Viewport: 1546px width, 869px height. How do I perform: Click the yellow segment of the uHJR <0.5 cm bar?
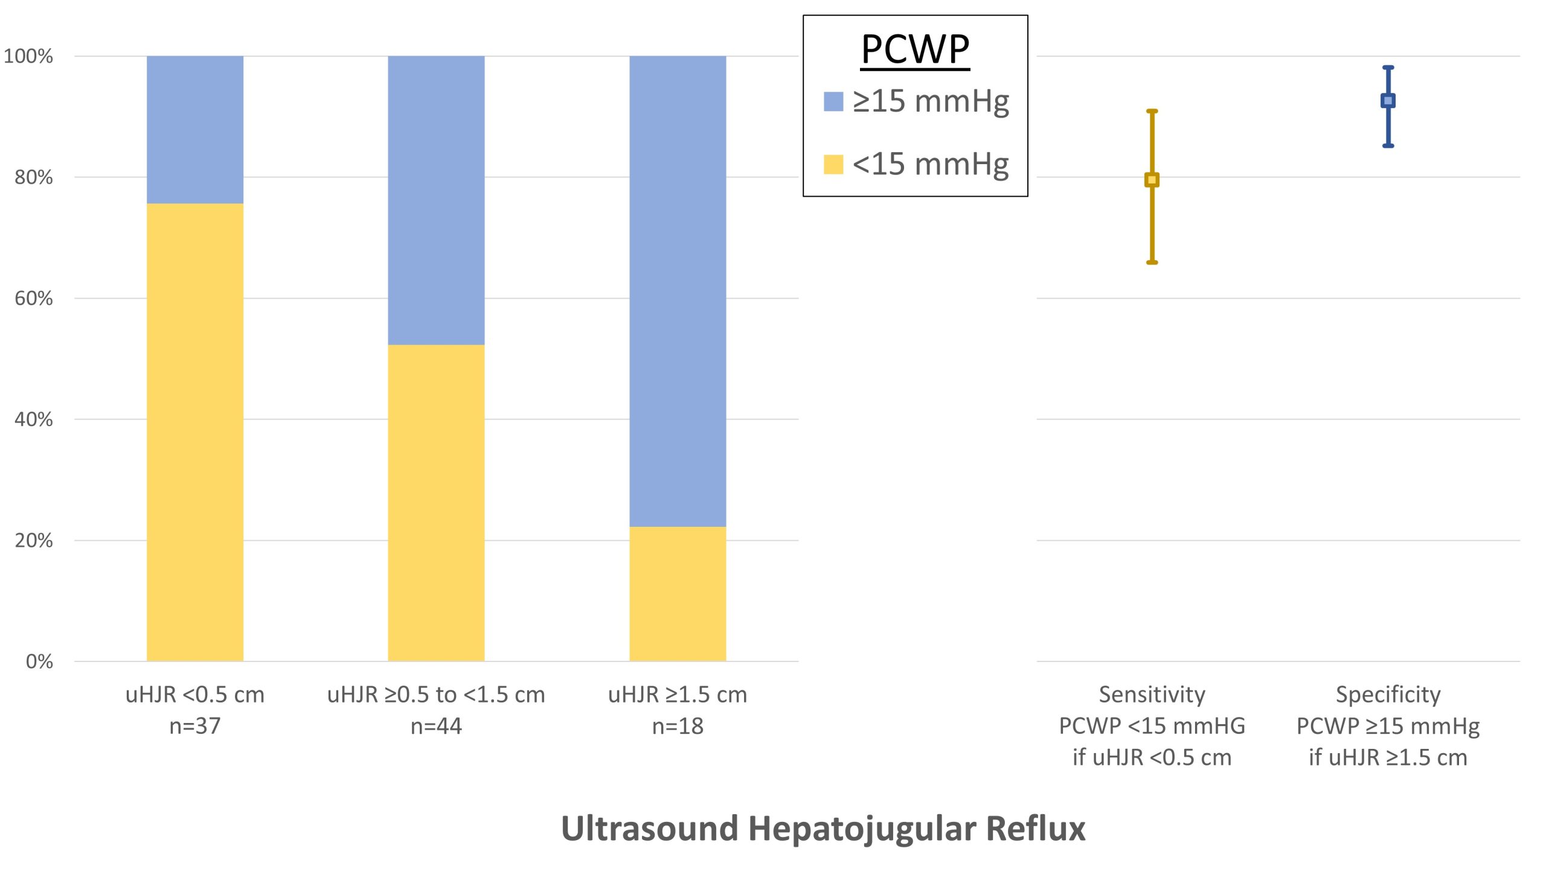(194, 431)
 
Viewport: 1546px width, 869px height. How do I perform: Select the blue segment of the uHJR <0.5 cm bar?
(194, 129)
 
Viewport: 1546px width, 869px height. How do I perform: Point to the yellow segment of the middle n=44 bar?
(436, 502)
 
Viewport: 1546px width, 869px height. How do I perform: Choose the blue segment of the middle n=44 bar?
(436, 200)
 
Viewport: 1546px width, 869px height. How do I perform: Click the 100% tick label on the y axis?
(28, 56)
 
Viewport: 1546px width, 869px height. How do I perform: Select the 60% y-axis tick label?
(34, 298)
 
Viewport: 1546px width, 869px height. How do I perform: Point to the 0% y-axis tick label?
(39, 661)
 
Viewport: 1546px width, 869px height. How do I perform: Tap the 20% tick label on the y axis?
(34, 540)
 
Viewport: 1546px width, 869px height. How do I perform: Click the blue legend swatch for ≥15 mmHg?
(833, 101)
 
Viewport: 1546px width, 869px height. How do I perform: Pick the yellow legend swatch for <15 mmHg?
(833, 164)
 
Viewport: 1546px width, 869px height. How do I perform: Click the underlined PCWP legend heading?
(915, 49)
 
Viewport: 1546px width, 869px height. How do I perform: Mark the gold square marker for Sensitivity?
(1152, 180)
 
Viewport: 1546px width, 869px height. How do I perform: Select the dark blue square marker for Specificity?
(1388, 101)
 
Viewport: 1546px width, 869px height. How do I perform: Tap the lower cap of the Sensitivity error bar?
(1152, 263)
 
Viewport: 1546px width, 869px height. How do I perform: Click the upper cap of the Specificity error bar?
(1388, 68)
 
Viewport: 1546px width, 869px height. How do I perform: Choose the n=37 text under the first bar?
(194, 726)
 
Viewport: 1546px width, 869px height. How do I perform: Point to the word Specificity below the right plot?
(1388, 695)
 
